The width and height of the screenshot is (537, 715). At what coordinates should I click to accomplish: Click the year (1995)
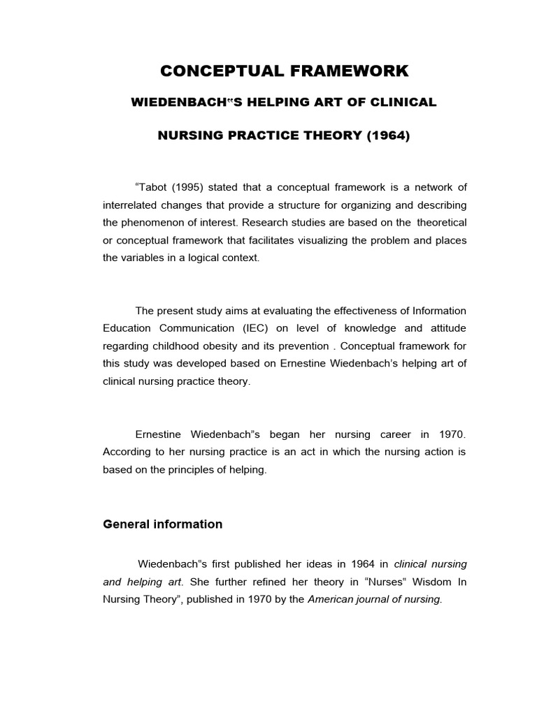point(187,187)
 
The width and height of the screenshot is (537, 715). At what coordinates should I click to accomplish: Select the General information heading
point(162,524)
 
